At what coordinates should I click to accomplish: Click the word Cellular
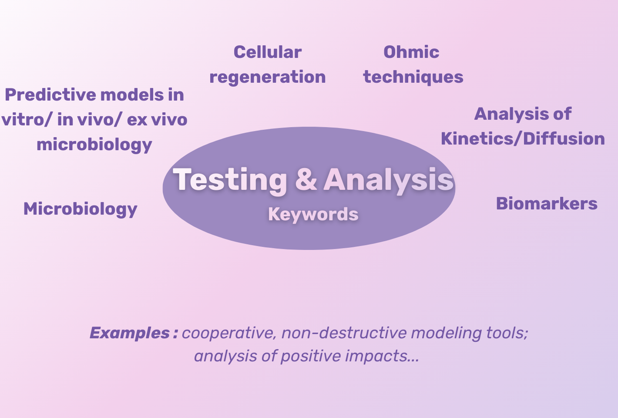pyautogui.click(x=267, y=52)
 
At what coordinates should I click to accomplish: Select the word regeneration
pyautogui.click(x=267, y=77)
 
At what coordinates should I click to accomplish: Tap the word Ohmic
pyautogui.click(x=411, y=52)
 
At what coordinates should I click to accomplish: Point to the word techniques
pyautogui.click(x=413, y=77)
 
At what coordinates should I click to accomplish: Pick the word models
pyautogui.click(x=126, y=95)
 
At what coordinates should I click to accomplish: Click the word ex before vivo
pyautogui.click(x=137, y=120)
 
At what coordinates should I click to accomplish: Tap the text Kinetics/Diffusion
pyautogui.click(x=523, y=139)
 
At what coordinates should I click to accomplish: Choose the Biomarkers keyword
pyautogui.click(x=547, y=204)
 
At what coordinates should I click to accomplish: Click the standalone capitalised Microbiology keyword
pyautogui.click(x=80, y=209)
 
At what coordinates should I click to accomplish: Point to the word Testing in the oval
pyautogui.click(x=230, y=179)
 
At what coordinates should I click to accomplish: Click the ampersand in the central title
pyautogui.click(x=306, y=179)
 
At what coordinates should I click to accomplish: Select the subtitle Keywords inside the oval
pyautogui.click(x=313, y=214)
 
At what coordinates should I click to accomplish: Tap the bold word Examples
pyautogui.click(x=129, y=333)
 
